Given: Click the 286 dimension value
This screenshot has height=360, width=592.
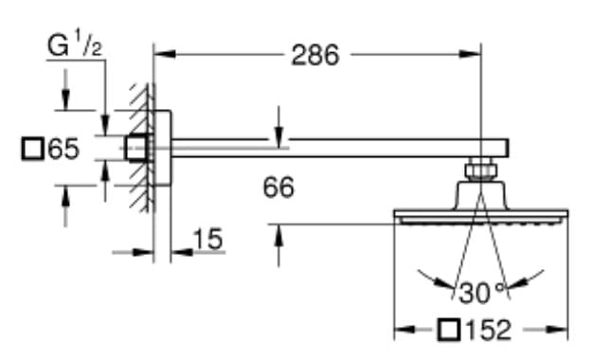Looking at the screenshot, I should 314,56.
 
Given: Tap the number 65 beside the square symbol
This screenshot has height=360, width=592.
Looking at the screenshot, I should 64,149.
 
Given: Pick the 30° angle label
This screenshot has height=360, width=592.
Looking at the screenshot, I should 481,290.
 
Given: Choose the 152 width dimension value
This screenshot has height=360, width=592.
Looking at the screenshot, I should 489,331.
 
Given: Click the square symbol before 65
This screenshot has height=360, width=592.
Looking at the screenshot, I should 32,149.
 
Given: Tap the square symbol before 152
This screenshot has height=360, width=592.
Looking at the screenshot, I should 452,331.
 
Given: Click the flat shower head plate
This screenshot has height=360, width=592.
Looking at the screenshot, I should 481,217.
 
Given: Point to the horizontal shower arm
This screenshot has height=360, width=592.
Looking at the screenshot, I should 332,147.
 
